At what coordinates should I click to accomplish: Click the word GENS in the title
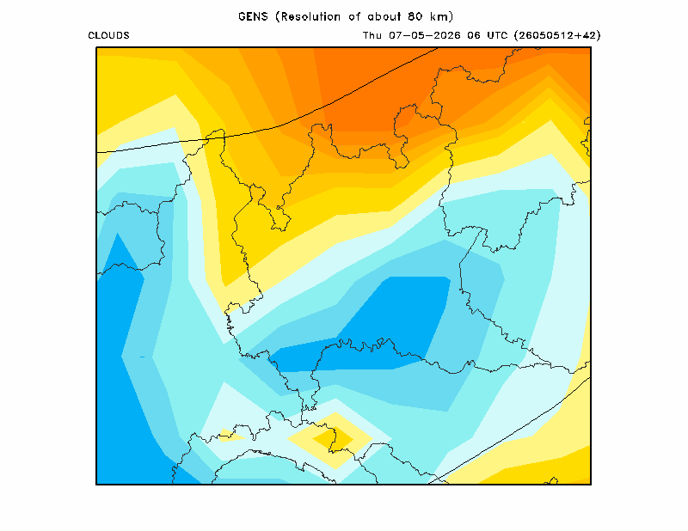pos(253,16)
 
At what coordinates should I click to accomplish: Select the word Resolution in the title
pos(310,16)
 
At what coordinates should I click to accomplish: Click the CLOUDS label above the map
pos(109,35)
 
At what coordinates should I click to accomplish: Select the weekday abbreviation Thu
pos(372,35)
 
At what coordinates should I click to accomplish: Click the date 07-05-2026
pos(425,35)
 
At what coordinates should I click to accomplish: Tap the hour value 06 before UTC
pos(474,35)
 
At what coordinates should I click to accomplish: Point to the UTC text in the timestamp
pos(497,35)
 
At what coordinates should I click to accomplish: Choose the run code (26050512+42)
pos(557,35)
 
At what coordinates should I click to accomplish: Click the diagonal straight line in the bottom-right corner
pos(509,430)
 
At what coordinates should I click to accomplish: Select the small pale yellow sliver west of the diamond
pos(231,435)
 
